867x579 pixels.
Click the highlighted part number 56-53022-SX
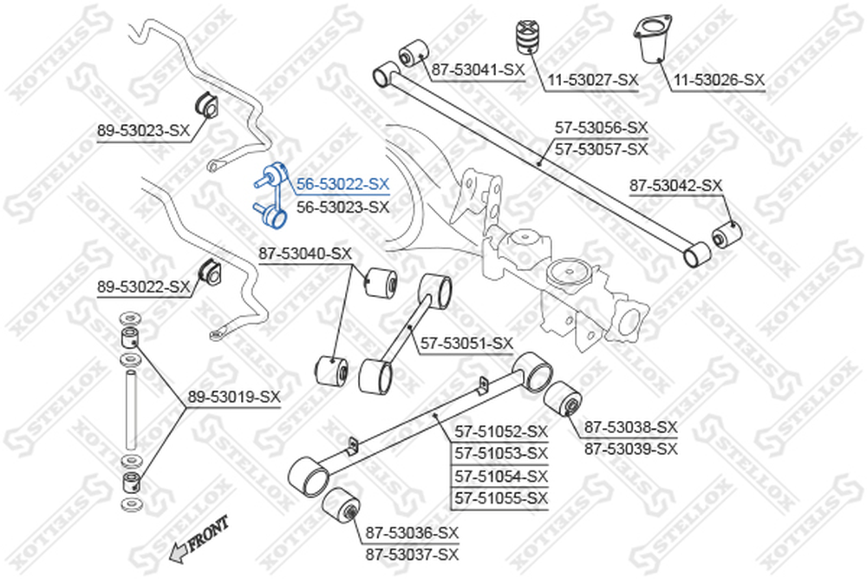[x=342, y=184]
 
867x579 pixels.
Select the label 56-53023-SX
[x=342, y=207]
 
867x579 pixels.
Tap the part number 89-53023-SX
[x=143, y=131]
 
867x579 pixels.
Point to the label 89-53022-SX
[x=143, y=287]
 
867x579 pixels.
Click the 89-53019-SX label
[x=234, y=397]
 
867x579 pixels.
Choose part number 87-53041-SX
[x=478, y=69]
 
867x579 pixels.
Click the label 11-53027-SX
[x=593, y=81]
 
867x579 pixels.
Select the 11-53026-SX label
[x=719, y=81]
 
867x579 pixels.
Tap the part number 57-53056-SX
[x=601, y=128]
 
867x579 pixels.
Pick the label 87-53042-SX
[x=675, y=186]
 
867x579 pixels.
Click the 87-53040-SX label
[x=305, y=254]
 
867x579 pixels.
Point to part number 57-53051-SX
[x=466, y=344]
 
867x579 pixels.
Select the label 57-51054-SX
[x=501, y=476]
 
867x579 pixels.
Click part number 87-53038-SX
[x=631, y=427]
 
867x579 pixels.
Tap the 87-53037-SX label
[x=412, y=555]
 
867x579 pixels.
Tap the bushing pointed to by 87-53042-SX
[x=726, y=234]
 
